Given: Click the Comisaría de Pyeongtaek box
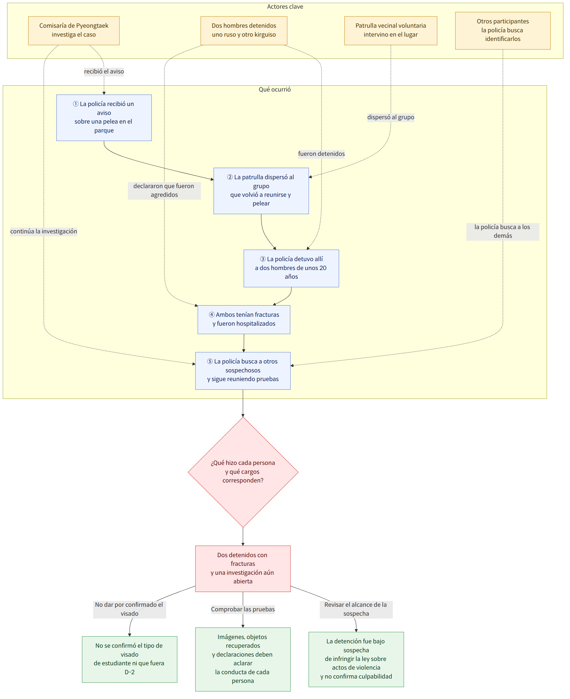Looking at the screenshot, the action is coord(74,31).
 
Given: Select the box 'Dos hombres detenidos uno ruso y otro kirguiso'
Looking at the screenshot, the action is coord(244,31).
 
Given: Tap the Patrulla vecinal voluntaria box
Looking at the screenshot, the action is coord(390,31).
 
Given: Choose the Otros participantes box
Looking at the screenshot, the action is coord(503,31).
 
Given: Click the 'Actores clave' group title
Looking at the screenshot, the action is coord(285,7).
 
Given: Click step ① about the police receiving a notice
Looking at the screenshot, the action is coord(104,118).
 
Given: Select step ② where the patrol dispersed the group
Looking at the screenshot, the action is coord(261,191).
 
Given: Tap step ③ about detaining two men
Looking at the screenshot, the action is coord(291,268).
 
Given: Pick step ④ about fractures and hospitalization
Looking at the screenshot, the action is coord(244,320).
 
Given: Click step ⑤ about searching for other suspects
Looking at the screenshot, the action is coord(243,371).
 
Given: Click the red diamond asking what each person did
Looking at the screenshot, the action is coord(243,472).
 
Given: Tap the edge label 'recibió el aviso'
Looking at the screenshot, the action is coord(104,71).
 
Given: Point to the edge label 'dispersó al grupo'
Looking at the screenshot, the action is coord(390,117).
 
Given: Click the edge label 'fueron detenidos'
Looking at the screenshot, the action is coord(321,154).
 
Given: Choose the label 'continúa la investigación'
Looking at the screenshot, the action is coord(44,231).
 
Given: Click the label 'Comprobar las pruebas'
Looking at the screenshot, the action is coord(243,609).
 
